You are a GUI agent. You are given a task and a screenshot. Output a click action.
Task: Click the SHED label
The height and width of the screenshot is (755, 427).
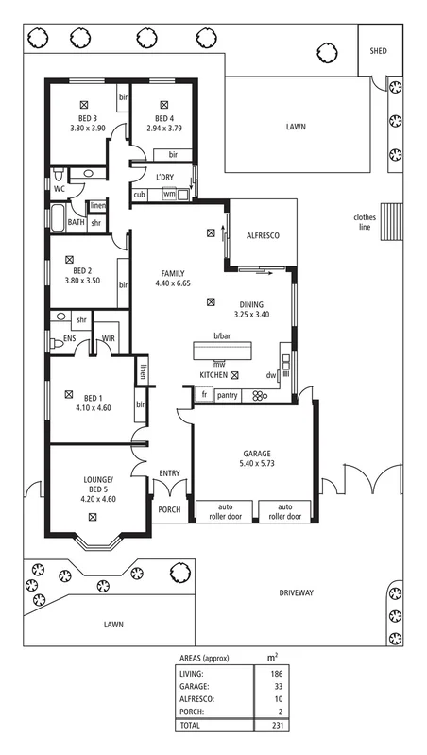378,51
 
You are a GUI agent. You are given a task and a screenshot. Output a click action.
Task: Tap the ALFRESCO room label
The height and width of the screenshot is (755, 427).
263,236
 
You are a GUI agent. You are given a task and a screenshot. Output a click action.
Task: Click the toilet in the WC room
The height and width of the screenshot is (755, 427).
59,174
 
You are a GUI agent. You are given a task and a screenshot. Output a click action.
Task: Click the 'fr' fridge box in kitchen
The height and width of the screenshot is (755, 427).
204,394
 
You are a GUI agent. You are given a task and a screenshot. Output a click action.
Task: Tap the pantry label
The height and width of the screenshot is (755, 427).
228,395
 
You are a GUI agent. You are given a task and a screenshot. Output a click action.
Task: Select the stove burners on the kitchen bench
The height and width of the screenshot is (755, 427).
259,395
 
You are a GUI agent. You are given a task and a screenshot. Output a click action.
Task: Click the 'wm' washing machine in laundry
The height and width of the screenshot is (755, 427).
169,194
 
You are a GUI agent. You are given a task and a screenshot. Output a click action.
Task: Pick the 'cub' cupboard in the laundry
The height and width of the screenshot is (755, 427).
140,195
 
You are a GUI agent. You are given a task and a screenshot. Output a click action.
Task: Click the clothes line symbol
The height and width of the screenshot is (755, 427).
391,221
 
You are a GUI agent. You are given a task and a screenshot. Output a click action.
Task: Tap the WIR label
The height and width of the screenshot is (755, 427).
109,338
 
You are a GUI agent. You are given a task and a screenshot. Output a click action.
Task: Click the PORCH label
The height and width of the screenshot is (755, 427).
169,509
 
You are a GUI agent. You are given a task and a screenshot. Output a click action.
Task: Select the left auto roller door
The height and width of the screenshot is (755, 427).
224,511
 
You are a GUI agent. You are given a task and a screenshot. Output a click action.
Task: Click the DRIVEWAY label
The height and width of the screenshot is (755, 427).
296,592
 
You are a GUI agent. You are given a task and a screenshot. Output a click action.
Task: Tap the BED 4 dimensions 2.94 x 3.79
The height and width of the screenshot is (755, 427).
164,129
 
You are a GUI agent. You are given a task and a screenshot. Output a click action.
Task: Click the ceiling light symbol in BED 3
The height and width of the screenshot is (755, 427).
85,104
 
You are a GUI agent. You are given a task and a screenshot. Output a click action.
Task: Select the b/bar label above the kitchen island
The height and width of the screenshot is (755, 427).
222,335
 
